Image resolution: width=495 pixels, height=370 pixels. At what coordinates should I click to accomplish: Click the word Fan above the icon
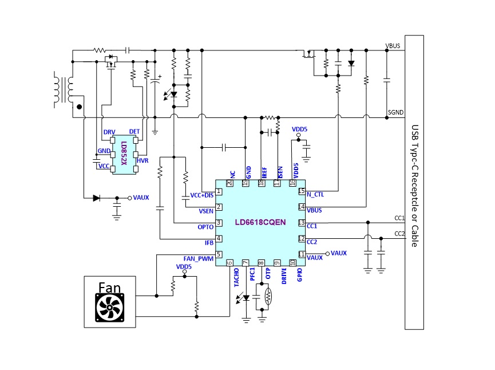110,287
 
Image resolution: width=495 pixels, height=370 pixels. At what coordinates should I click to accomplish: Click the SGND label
395,112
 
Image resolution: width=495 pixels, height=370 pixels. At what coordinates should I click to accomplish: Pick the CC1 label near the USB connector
399,218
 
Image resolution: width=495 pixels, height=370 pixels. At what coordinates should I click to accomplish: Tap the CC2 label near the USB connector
399,234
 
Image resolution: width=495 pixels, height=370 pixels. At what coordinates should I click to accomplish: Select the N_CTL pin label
315,195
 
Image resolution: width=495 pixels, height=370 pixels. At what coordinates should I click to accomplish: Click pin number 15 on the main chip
301,191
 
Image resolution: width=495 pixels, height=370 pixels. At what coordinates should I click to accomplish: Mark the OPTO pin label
206,227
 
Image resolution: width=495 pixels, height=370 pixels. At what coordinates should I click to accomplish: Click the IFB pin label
209,243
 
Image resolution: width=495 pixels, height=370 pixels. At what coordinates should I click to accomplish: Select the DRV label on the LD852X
109,132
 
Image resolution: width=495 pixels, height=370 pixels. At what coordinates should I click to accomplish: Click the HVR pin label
143,161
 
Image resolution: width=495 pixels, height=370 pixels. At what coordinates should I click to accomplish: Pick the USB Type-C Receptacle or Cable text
415,186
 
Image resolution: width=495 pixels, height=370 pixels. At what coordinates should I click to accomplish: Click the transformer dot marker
79,107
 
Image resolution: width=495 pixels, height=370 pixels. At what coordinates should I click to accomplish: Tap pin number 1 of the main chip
219,191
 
